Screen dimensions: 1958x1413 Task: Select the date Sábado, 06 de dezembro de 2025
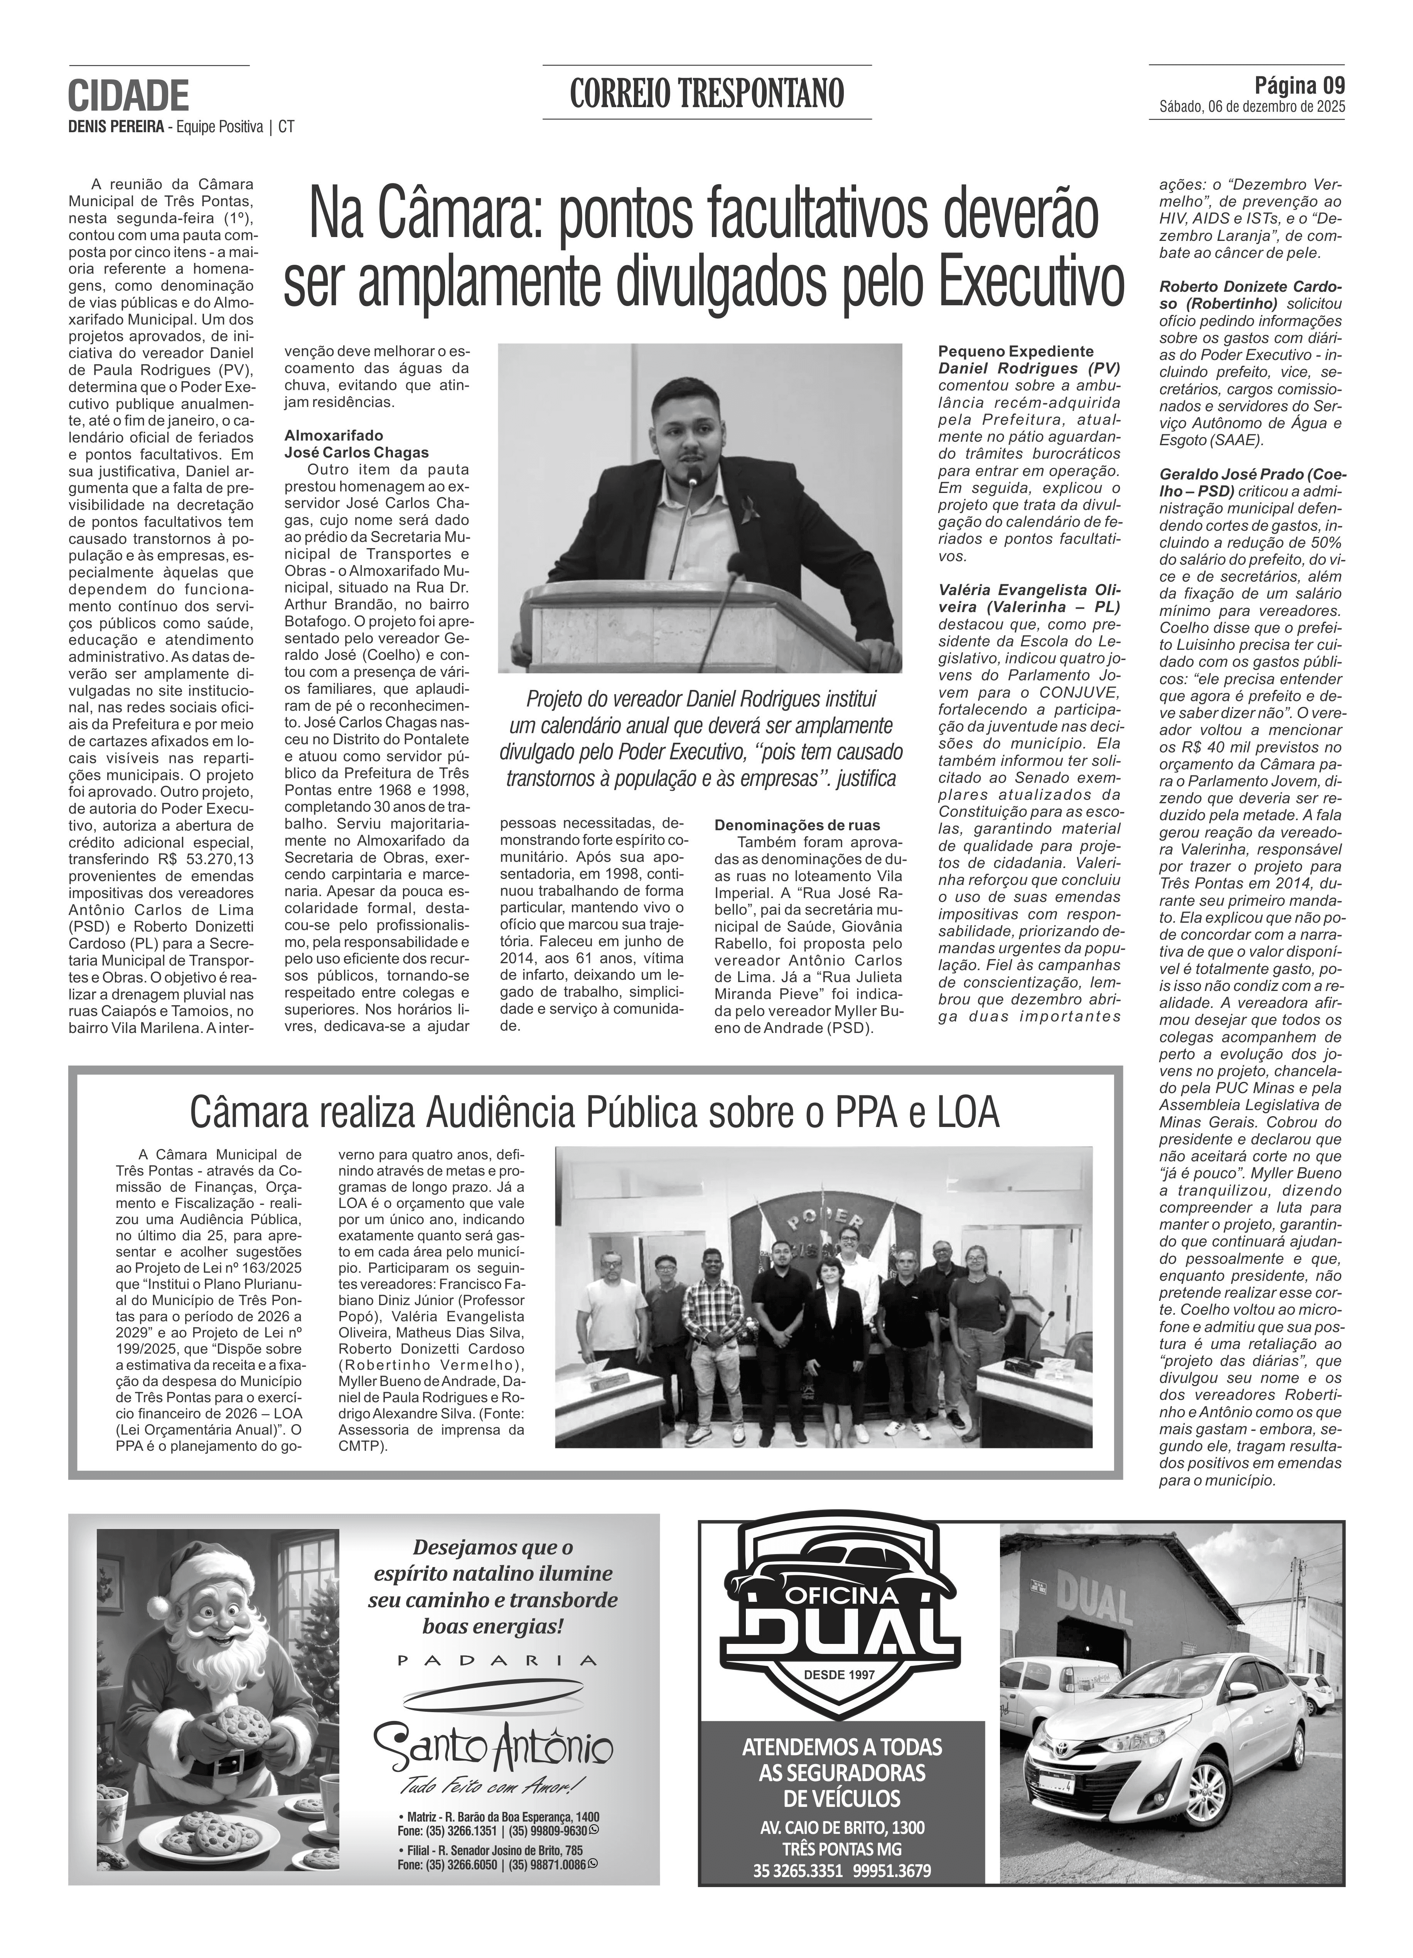[x=1252, y=107]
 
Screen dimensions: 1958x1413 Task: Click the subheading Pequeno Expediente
[x=1016, y=352]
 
